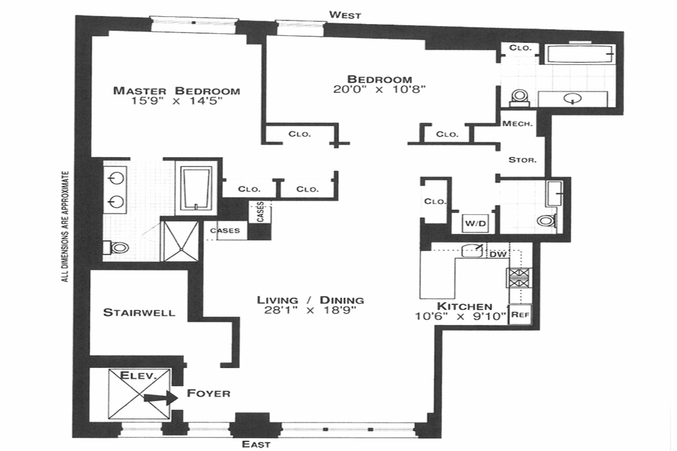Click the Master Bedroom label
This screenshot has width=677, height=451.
176,91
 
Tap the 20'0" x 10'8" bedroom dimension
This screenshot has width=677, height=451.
380,89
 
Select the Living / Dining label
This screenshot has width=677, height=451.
310,300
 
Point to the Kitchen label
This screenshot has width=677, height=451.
464,306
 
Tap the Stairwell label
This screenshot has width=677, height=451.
139,312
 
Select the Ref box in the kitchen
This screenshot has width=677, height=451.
520,314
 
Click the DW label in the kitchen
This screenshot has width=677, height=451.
498,254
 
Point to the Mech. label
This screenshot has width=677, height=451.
517,123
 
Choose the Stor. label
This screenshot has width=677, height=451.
523,160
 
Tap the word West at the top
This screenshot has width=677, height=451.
346,15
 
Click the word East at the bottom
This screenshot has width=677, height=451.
256,444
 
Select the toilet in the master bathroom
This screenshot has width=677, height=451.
118,247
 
